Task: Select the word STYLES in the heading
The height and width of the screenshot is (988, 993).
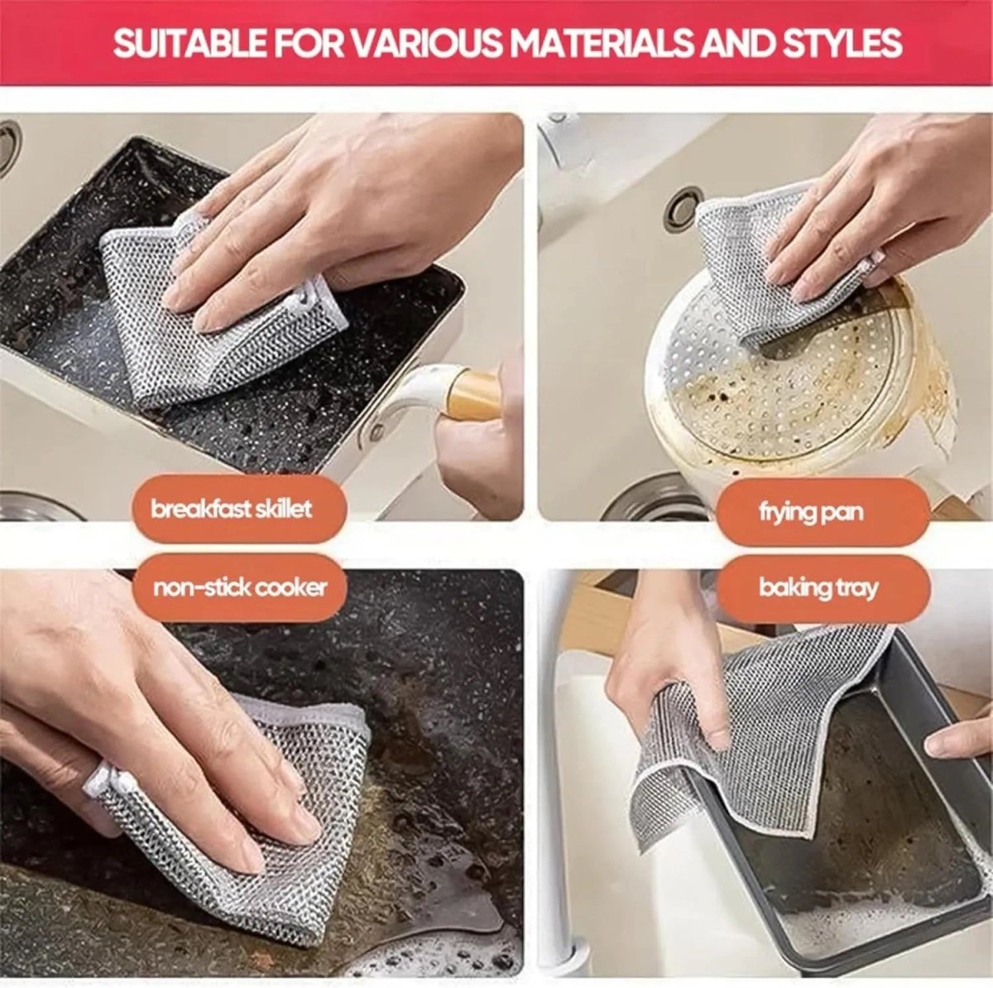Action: point(845,43)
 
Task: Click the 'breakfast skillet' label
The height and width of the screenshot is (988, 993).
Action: point(232,508)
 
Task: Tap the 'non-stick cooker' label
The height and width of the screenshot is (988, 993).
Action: point(240,588)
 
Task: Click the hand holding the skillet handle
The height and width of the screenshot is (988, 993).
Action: point(480,447)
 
